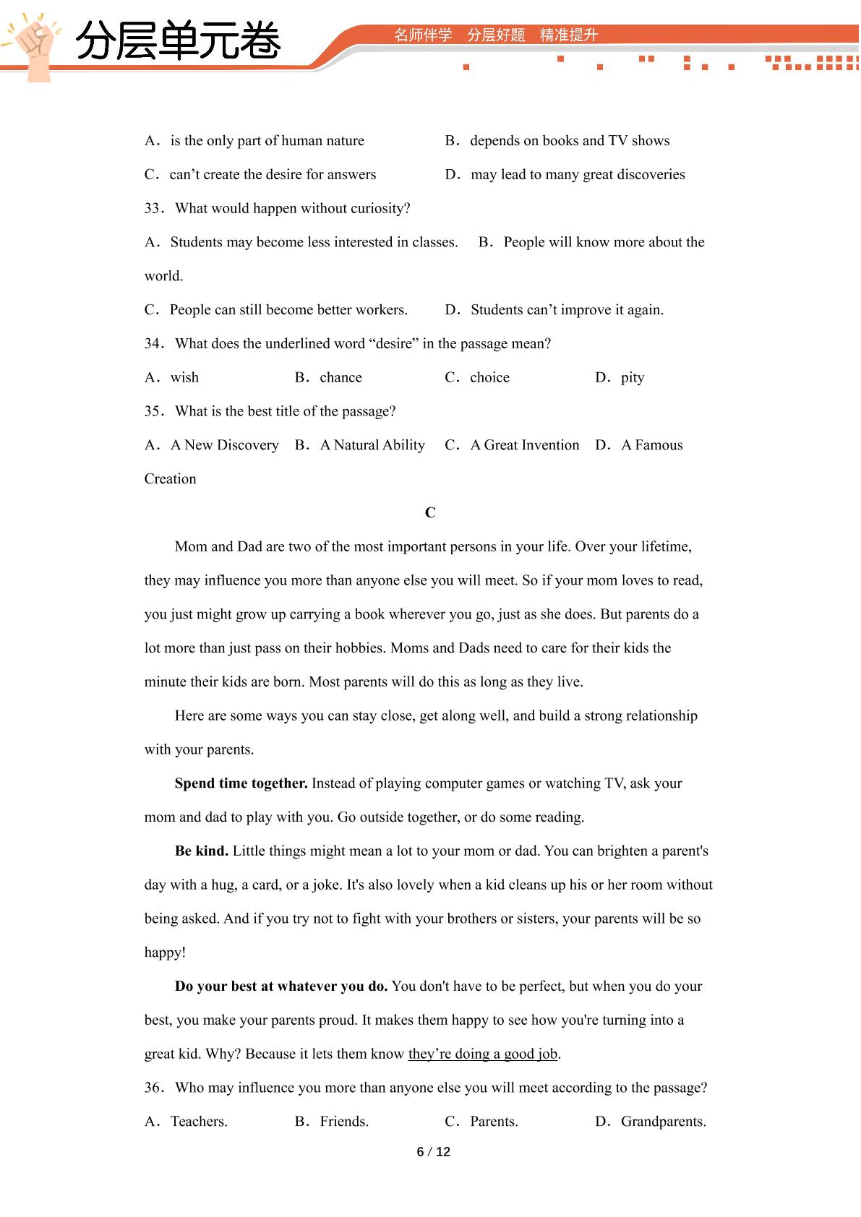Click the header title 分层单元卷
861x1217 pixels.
[x=178, y=40]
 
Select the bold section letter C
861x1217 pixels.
[x=430, y=512]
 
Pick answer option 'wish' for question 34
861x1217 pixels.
[x=184, y=377]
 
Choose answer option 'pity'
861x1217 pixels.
[x=632, y=377]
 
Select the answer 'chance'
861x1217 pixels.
[x=340, y=377]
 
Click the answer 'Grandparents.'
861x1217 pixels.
[x=663, y=1122]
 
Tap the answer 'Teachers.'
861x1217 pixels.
[x=199, y=1122]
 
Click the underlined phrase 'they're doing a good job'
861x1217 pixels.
[x=482, y=1054]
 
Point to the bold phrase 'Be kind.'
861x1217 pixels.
[x=202, y=851]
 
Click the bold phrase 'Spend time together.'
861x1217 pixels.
[x=241, y=783]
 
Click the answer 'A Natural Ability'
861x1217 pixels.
[x=372, y=445]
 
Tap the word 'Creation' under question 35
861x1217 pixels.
[x=170, y=478]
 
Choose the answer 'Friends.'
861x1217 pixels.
[x=344, y=1122]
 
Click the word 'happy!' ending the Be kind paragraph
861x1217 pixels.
[x=165, y=952]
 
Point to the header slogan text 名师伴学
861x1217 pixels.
[x=423, y=35]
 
